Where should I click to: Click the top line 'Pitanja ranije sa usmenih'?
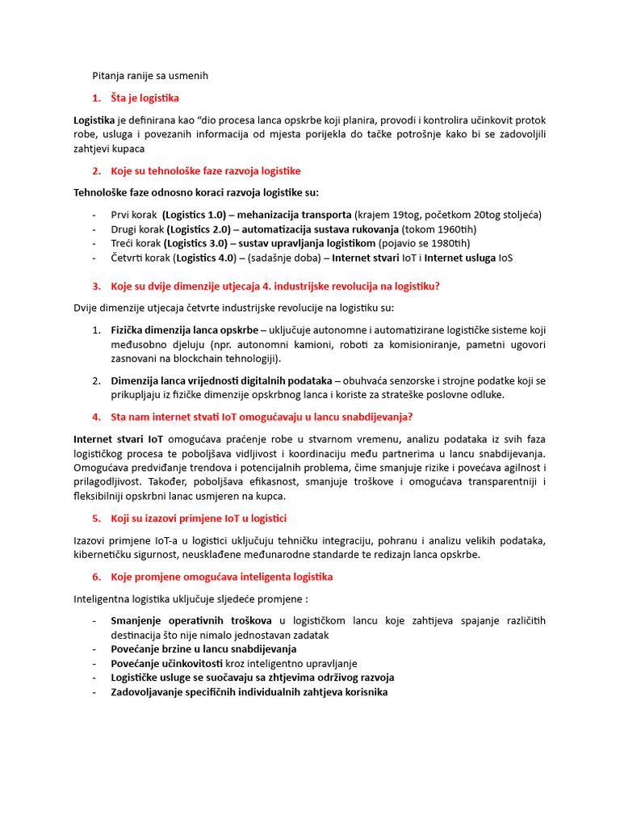click(x=149, y=75)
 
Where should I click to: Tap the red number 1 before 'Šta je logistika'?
click(x=96, y=98)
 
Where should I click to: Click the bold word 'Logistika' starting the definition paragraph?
click(x=94, y=120)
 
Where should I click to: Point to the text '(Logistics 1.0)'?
click(x=194, y=215)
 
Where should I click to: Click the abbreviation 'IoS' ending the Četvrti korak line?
click(x=505, y=258)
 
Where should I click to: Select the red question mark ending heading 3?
click(x=437, y=286)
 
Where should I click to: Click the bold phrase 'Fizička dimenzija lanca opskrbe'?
click(x=184, y=330)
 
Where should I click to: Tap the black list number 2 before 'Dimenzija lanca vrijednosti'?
click(x=95, y=380)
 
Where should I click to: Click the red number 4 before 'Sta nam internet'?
click(x=96, y=417)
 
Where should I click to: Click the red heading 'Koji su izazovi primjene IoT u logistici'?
click(x=199, y=518)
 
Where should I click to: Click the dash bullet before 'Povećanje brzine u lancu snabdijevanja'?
click(x=95, y=649)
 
